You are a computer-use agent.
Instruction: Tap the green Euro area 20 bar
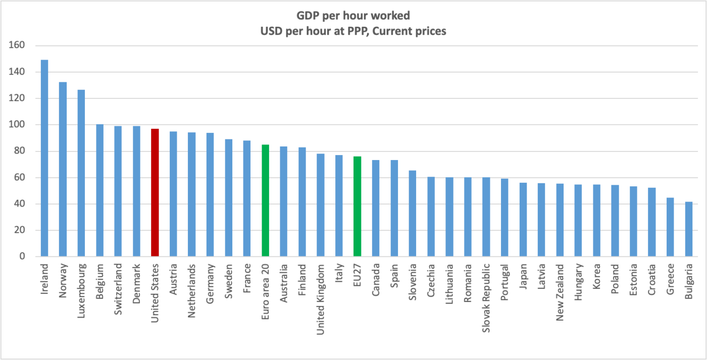pos(266,200)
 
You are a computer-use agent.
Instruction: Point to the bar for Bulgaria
pos(689,229)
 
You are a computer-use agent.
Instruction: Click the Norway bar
pos(63,169)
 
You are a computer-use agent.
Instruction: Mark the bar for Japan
pos(523,220)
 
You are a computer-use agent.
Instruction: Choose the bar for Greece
pos(670,227)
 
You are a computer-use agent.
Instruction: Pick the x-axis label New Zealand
pos(560,286)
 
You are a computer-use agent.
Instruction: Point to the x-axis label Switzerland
pos(118,284)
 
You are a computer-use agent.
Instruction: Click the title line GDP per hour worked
pos(353,17)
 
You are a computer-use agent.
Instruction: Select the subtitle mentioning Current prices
pos(353,31)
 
